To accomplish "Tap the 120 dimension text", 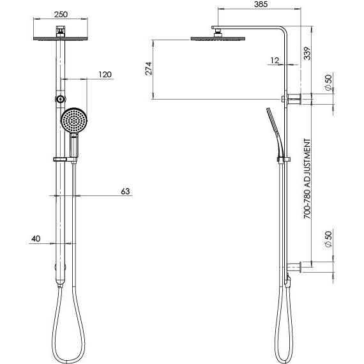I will point(105,75).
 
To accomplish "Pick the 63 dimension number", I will point(125,191).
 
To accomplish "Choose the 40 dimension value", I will point(35,239).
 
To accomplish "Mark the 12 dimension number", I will point(275,60).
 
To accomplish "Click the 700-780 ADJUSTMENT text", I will point(307,179).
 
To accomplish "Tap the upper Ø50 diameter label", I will point(327,83).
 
